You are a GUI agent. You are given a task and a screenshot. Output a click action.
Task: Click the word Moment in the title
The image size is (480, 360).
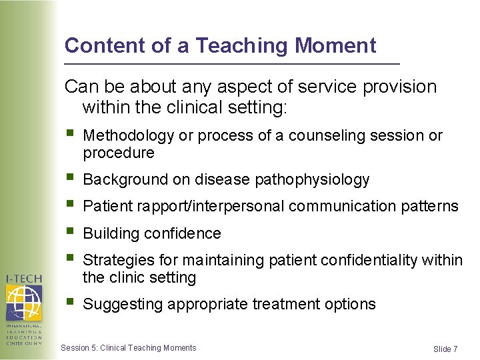pyautogui.click(x=335, y=45)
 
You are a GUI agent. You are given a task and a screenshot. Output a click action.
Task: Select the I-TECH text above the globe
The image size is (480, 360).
pyautogui.click(x=24, y=278)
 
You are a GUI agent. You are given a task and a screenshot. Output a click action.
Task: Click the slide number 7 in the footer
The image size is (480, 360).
pyautogui.click(x=455, y=349)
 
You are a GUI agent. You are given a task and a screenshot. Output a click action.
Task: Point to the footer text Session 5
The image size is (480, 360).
pyautogui.click(x=79, y=348)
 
